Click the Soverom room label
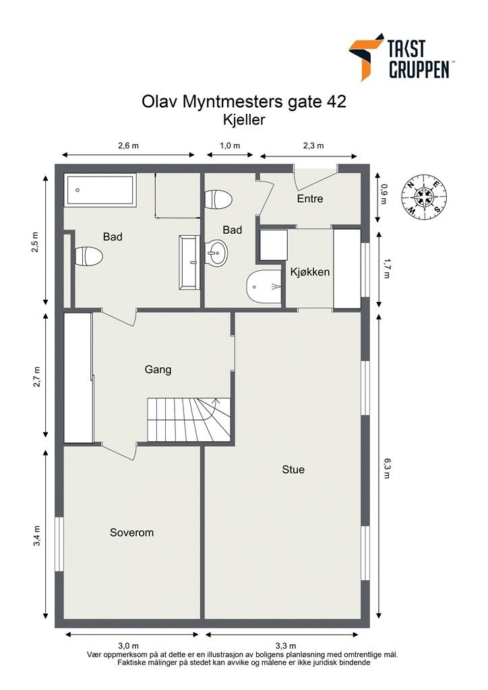pos(131,532)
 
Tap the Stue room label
pos(293,470)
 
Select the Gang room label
pos(158,370)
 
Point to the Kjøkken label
pos(310,272)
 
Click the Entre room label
pos(310,199)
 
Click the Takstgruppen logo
pos(400,57)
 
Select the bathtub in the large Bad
pos(100,190)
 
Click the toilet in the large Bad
pos(88,255)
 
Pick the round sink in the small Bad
pos(216,253)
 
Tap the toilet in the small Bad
pos(218,199)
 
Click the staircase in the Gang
pos(189,419)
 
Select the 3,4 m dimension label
pos(37,536)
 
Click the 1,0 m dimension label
pos(230,146)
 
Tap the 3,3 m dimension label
pos(286,646)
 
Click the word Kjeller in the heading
pos(244,120)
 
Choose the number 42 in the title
pos(336,102)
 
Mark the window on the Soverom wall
pos(59,544)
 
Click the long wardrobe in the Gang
pos(78,377)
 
